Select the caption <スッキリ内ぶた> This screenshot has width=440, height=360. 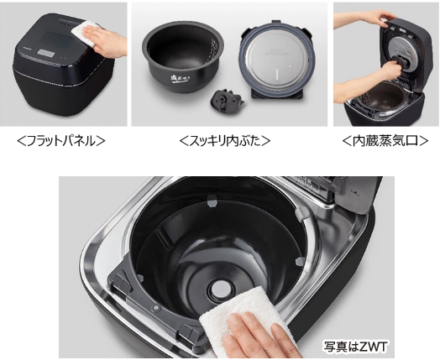click(x=220, y=139)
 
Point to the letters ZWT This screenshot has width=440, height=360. click(x=374, y=345)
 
